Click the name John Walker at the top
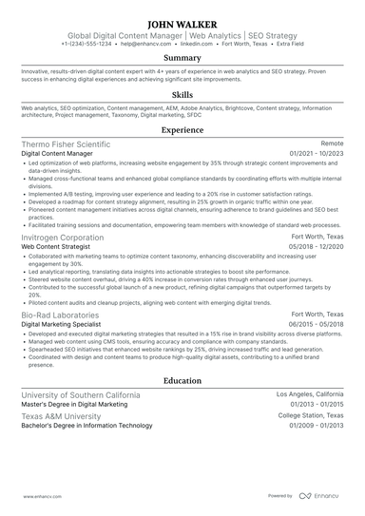(x=182, y=22)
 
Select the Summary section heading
(x=182, y=57)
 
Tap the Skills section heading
(x=182, y=96)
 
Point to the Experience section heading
(x=182, y=130)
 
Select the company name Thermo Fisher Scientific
(x=66, y=143)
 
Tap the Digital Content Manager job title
(x=57, y=153)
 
